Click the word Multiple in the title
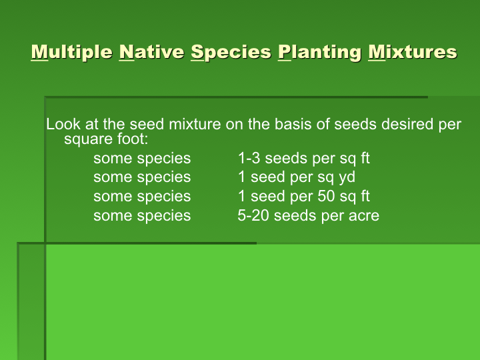pyautogui.click(x=71, y=52)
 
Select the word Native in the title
pyautogui.click(x=151, y=52)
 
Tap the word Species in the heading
pyautogui.click(x=231, y=52)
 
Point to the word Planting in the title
pyautogui.click(x=320, y=52)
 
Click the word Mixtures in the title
pyautogui.click(x=413, y=52)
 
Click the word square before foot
pyautogui.click(x=85, y=139)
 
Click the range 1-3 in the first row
pyautogui.click(x=249, y=158)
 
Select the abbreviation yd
pyautogui.click(x=347, y=177)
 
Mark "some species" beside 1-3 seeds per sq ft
pyautogui.click(x=142, y=159)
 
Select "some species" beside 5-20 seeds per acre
pyautogui.click(x=142, y=216)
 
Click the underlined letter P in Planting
pyautogui.click(x=285, y=52)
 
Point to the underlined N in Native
pyautogui.click(x=127, y=52)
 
